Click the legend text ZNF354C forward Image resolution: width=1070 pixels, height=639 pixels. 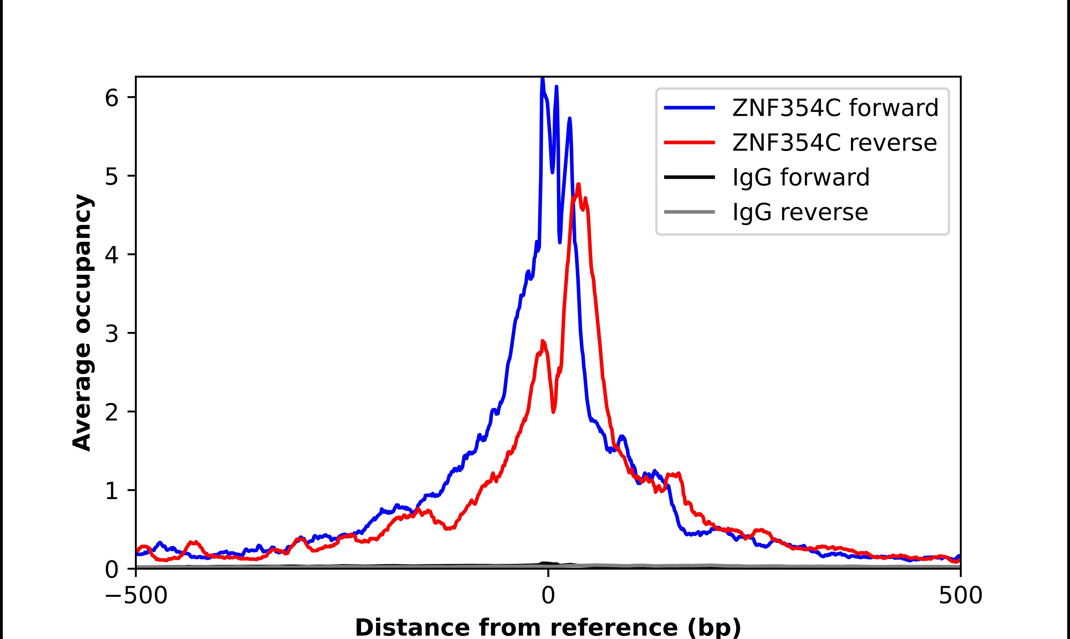pos(835,108)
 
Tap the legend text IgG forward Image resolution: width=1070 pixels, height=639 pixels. pos(800,177)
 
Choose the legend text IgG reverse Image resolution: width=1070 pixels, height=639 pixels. pos(800,212)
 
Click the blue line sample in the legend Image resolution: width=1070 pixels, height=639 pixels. pos(689,108)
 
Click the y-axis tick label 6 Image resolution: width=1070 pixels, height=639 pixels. pos(111,98)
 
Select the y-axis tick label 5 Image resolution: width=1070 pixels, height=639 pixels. pos(111,177)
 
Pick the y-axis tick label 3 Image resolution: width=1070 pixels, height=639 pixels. pos(111,334)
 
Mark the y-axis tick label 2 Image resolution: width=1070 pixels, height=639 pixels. pos(111,412)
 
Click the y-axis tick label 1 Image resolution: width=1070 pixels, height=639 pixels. pos(111,491)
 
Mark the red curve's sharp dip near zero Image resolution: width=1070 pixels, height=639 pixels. pos(554,411)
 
